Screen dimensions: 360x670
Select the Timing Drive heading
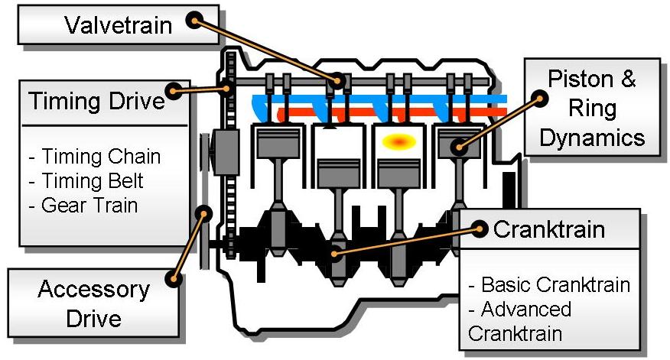click(x=97, y=102)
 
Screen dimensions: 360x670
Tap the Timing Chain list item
click(x=95, y=157)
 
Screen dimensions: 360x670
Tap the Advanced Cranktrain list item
click(x=520, y=321)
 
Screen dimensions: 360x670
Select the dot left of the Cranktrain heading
click(x=480, y=228)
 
